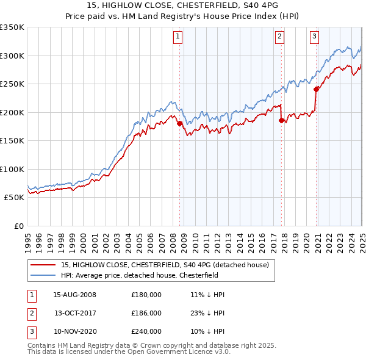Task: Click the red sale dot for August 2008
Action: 179,124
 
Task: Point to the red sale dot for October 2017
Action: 281,121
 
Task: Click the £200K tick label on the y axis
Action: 12,112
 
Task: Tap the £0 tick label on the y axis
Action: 18,226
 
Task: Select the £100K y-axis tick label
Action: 12,169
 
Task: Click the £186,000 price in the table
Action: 146,313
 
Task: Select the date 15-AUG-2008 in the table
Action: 75,295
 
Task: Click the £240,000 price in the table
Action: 146,331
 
